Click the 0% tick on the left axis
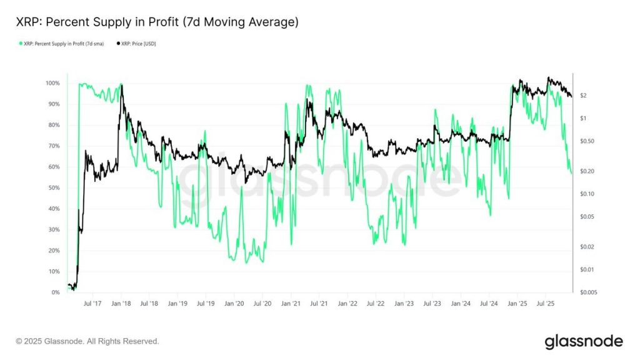coord(55,292)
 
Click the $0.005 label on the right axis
coord(587,292)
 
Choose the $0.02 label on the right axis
coord(586,247)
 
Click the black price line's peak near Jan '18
coord(121,86)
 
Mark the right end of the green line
coord(571,173)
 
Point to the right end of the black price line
coord(571,96)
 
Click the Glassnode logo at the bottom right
coord(583,341)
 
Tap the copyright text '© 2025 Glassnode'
coord(87,341)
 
